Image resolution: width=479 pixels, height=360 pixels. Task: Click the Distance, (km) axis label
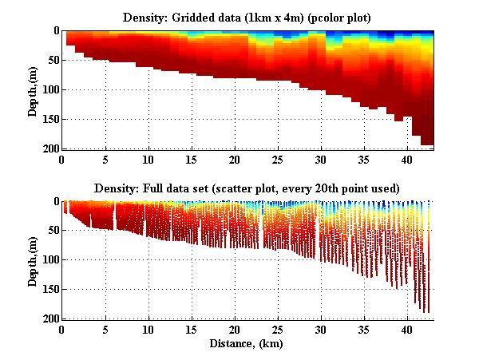click(x=248, y=343)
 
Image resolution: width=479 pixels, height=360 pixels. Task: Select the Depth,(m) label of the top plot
click(x=33, y=89)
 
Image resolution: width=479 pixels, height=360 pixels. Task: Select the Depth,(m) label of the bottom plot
click(x=33, y=260)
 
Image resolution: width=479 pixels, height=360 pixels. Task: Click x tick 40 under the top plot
click(x=407, y=160)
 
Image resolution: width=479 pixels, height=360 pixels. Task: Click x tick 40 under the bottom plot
click(x=407, y=330)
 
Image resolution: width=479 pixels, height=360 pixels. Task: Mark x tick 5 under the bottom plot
click(x=105, y=330)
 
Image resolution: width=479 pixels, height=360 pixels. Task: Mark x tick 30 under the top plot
click(x=321, y=160)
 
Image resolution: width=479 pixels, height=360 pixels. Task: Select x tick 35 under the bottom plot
click(x=364, y=330)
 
